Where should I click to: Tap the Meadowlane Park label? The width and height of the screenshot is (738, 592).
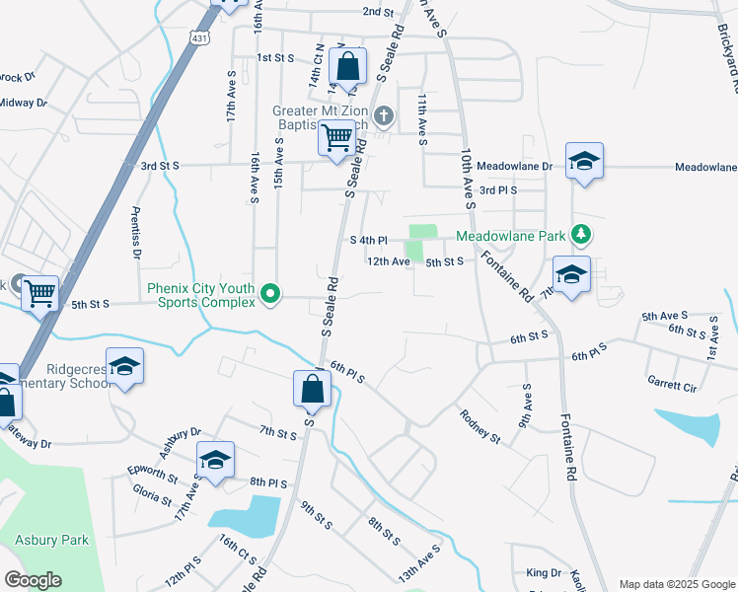click(510, 236)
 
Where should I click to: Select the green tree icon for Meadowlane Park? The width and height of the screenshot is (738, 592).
click(582, 234)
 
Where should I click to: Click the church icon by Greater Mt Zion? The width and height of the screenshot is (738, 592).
click(384, 116)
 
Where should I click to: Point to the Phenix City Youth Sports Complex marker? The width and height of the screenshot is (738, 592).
click(267, 292)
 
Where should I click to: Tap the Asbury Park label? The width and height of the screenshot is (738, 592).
click(51, 540)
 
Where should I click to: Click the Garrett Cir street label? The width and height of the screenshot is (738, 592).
click(672, 382)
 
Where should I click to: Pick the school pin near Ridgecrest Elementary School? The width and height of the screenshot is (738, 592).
click(124, 367)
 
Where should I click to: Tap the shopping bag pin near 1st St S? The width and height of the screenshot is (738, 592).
click(347, 67)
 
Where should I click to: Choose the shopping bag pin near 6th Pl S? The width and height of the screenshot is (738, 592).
click(312, 390)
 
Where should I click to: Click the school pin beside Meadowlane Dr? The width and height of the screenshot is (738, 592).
click(584, 162)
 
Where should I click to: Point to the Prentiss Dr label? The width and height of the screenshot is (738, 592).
click(135, 233)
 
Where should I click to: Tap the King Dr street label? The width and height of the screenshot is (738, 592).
click(543, 572)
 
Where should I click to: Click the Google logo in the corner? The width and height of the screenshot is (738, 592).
click(33, 580)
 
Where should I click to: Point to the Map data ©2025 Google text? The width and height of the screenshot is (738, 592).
click(676, 584)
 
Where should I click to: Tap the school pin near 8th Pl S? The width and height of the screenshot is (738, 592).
click(215, 461)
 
